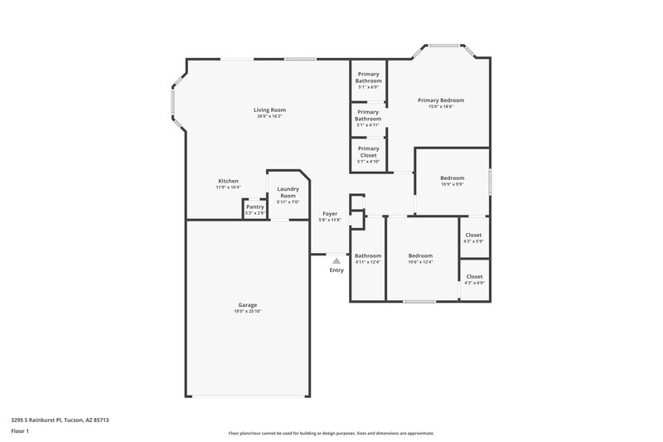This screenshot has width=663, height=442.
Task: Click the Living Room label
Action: (x=269, y=109)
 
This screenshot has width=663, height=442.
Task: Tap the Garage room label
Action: (x=247, y=304)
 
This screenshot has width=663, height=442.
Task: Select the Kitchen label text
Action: (x=228, y=181)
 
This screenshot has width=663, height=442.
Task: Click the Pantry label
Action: (x=254, y=206)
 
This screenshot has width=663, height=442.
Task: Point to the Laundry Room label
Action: (x=288, y=192)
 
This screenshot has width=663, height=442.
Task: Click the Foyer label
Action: (x=330, y=213)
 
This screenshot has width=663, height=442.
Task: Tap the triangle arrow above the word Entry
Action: (x=336, y=260)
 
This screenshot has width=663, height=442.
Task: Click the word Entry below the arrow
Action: (x=336, y=270)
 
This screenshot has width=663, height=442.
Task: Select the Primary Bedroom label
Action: (x=440, y=100)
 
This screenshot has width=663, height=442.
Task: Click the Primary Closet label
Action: (x=368, y=152)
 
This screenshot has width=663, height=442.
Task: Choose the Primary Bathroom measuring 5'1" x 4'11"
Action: (x=368, y=115)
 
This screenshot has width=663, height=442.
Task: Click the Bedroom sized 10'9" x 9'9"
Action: (x=452, y=177)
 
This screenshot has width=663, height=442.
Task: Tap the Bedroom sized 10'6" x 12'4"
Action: (x=420, y=255)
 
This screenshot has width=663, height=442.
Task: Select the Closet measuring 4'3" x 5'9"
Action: (x=474, y=235)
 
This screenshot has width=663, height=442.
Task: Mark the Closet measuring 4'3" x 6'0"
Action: (x=474, y=276)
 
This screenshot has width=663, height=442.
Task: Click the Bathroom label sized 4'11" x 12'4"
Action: (x=368, y=255)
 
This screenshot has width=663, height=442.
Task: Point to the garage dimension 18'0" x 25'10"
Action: (x=247, y=312)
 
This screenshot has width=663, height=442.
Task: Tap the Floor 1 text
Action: (x=21, y=432)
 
